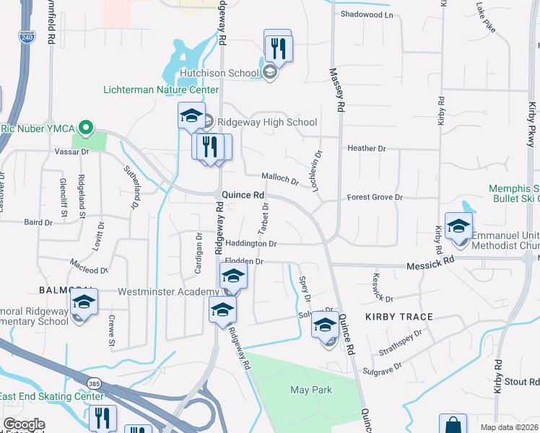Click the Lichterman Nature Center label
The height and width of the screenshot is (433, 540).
click(x=160, y=89)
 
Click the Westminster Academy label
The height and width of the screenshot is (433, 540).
click(x=168, y=292)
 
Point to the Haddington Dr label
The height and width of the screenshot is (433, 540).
click(x=252, y=244)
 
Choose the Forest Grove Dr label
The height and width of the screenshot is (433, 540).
click(x=374, y=197)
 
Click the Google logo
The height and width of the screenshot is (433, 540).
click(x=24, y=424)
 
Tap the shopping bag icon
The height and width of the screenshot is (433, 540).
click(x=453, y=426)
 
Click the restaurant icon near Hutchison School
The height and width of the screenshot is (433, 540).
click(x=277, y=48)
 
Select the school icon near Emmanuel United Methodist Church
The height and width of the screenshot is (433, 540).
click(x=458, y=227)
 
